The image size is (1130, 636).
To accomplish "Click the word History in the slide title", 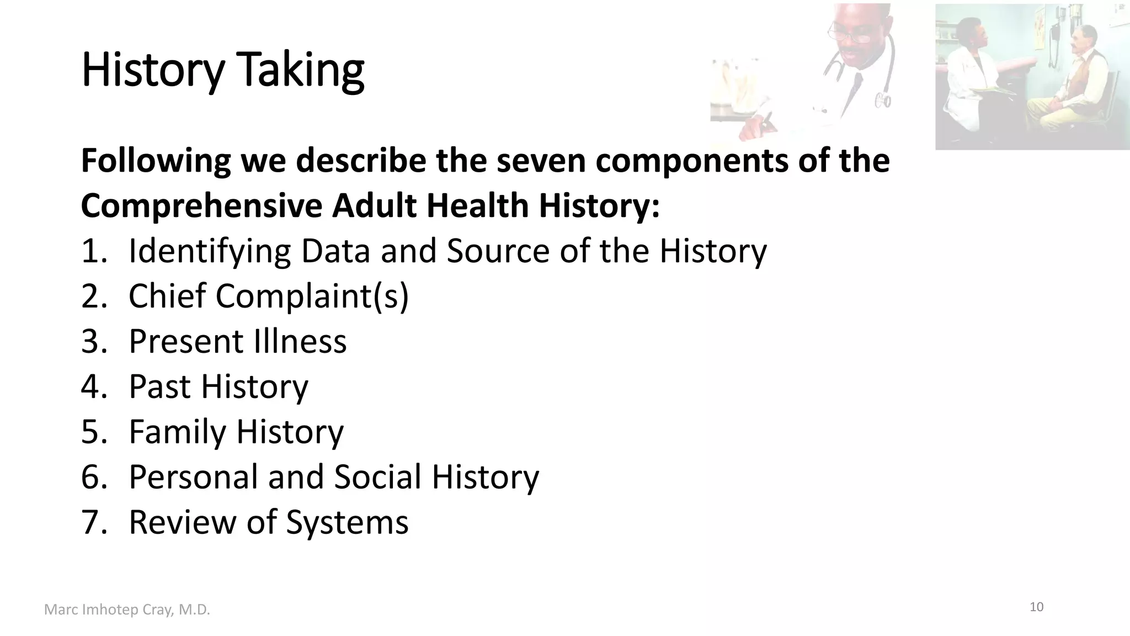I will coord(153,71).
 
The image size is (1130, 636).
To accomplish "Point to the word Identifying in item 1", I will coord(209,251).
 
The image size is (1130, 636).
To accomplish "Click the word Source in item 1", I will coord(498,251).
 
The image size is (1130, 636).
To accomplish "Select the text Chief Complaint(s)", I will coord(268,296).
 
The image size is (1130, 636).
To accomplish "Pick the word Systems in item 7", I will coord(347,522).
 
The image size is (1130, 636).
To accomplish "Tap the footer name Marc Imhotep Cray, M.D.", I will coord(127,610).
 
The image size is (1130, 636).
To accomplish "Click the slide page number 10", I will coord(1036,607).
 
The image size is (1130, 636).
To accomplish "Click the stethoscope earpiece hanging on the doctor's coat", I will coord(882,101).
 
